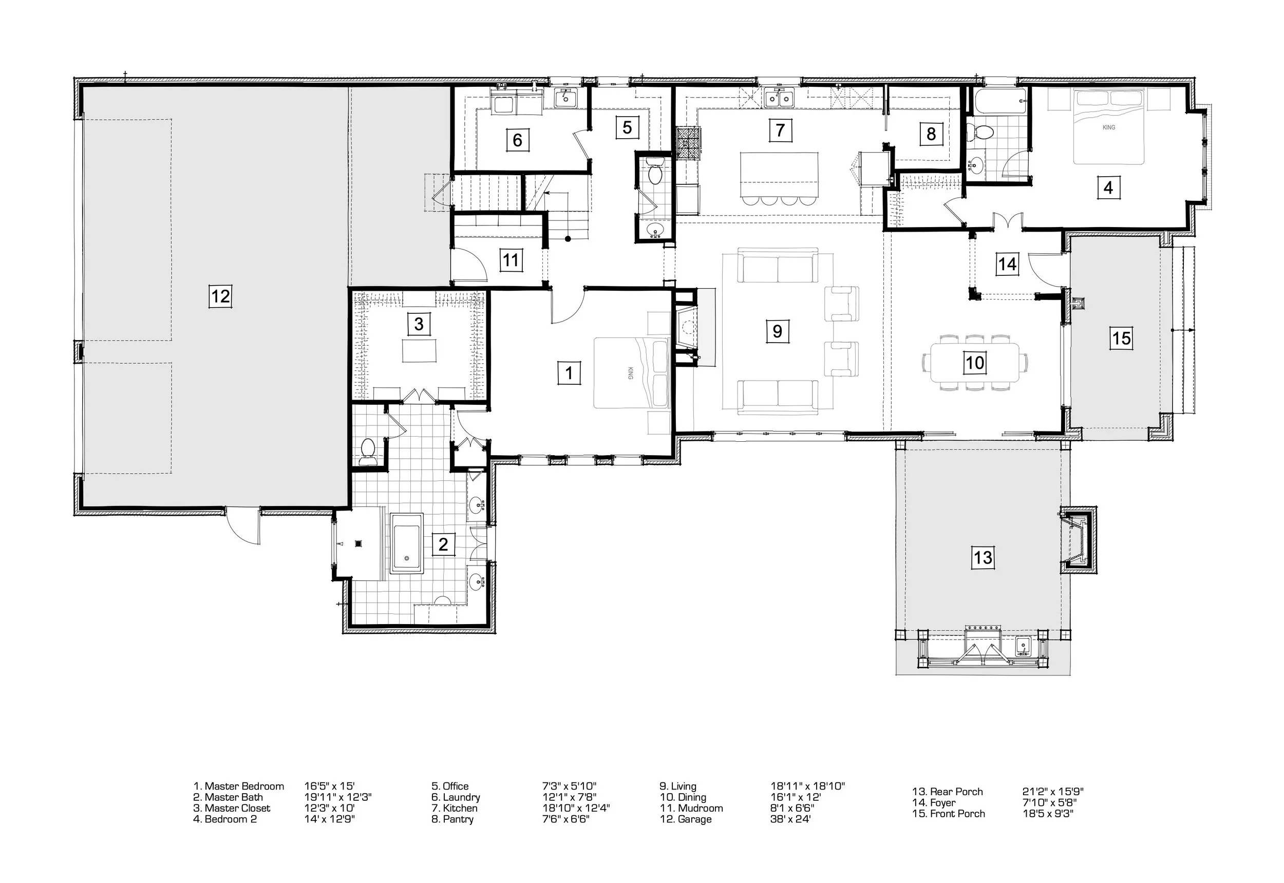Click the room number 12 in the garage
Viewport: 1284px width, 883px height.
(x=220, y=296)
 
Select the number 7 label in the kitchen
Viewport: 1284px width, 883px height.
(x=780, y=130)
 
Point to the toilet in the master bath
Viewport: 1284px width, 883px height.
(x=367, y=452)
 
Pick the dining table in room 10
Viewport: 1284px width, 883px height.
(x=975, y=362)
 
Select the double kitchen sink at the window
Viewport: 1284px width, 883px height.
(x=780, y=98)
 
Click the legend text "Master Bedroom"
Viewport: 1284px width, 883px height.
(x=244, y=786)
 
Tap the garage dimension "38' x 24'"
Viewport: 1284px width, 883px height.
(x=790, y=819)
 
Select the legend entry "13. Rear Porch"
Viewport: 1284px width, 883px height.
(x=948, y=792)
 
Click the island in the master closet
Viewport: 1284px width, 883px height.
(x=419, y=351)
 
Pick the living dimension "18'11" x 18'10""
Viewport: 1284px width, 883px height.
(x=808, y=786)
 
